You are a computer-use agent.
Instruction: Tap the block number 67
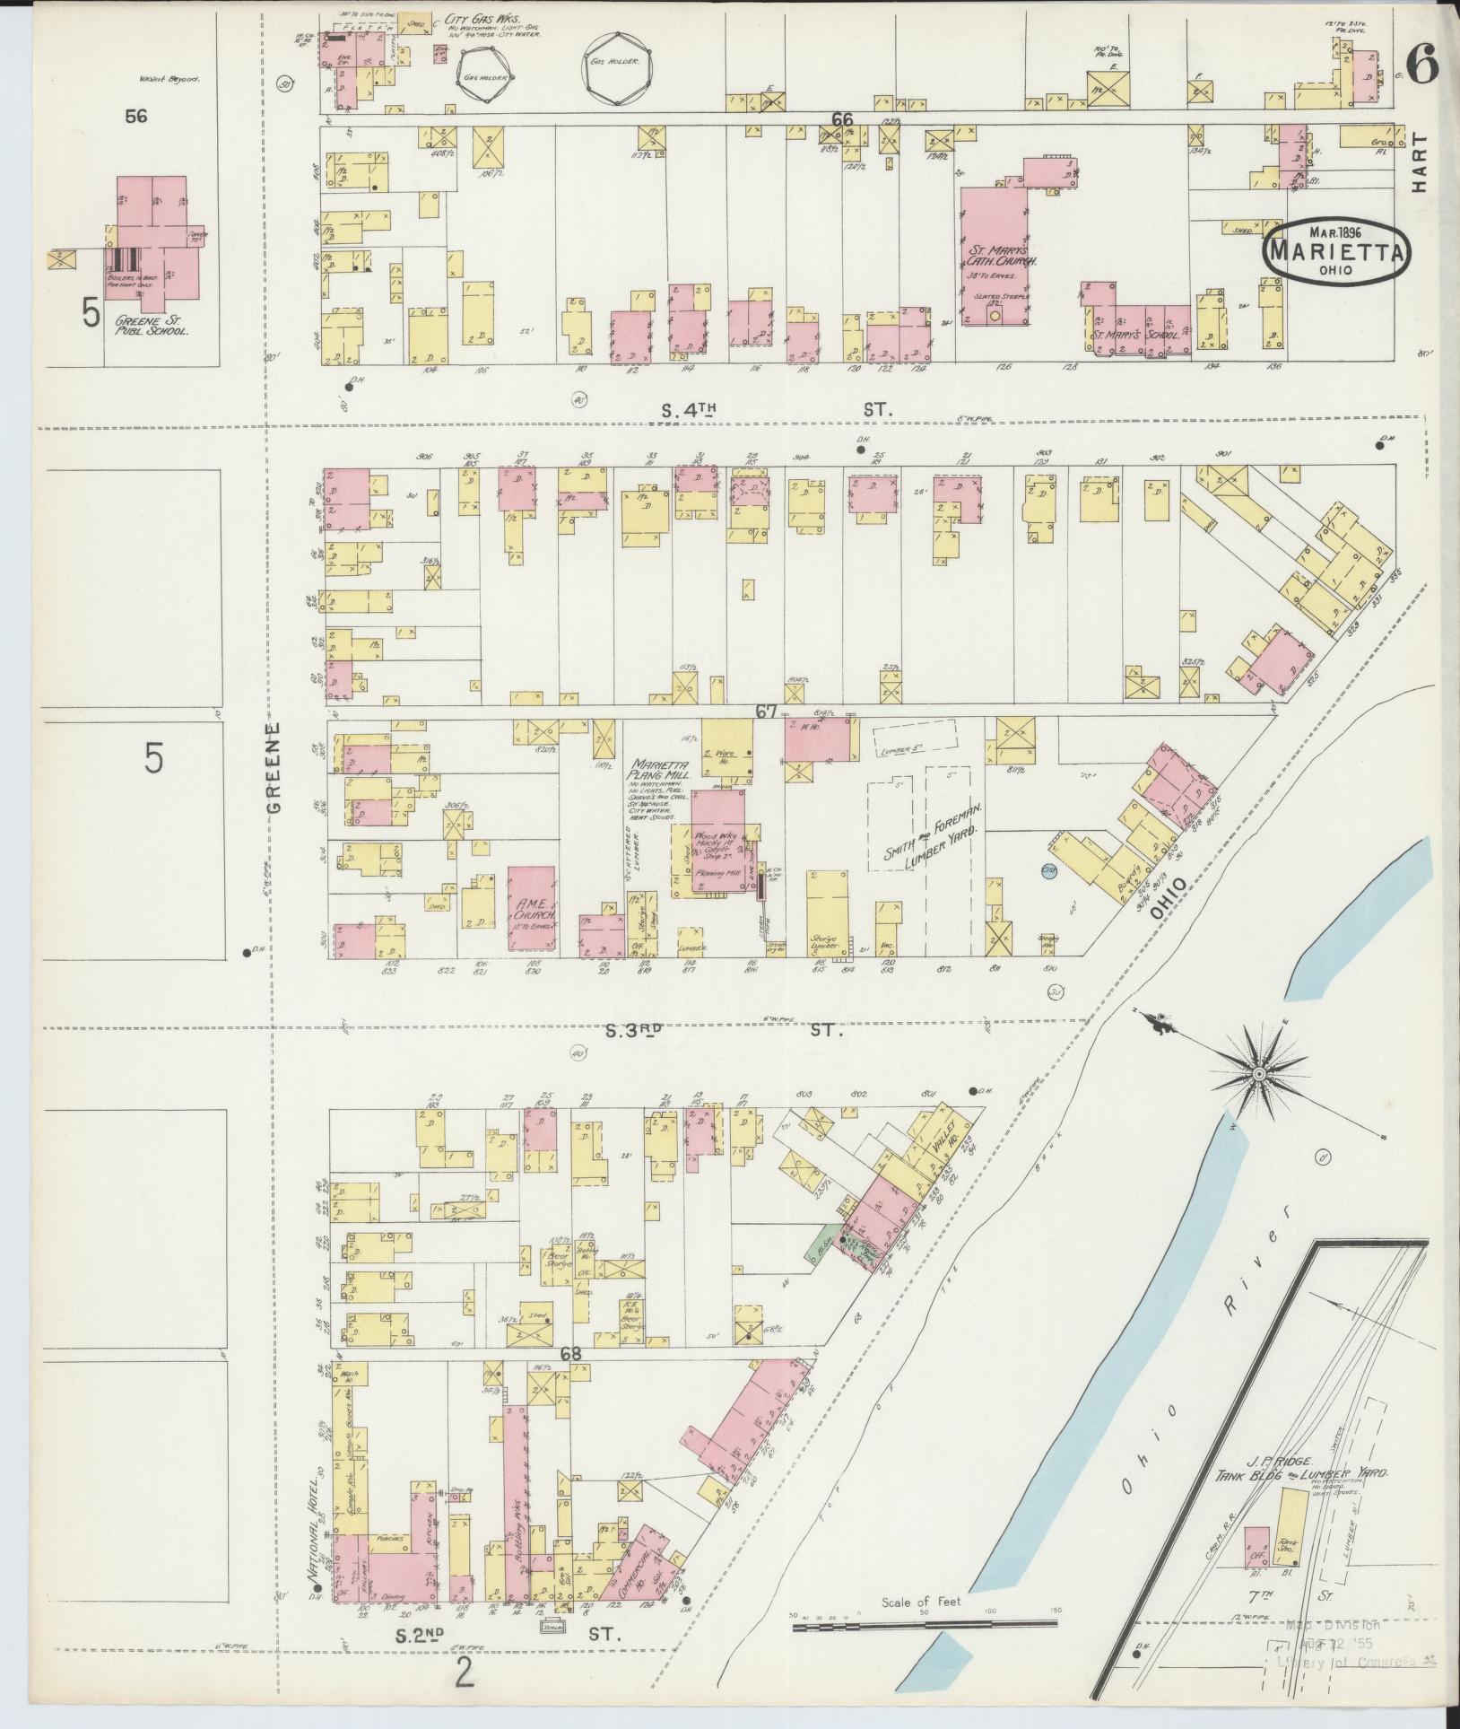point(765,711)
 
